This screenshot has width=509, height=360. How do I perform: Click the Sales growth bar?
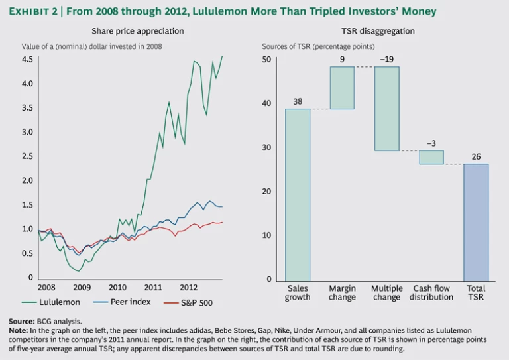[298, 194]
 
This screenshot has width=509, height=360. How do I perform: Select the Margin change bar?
[342, 88]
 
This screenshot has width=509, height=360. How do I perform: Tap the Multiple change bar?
[387, 109]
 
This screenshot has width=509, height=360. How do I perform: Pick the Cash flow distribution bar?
[431, 157]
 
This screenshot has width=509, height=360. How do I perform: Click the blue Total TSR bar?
[476, 222]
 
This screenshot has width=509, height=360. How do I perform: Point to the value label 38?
[298, 101]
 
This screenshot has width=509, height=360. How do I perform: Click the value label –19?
[387, 59]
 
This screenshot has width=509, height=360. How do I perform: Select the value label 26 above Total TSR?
[476, 156]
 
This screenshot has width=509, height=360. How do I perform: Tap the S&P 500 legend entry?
[197, 302]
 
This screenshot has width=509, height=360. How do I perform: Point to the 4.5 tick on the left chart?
[27, 60]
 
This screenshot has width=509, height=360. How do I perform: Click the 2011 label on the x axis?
[153, 288]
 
